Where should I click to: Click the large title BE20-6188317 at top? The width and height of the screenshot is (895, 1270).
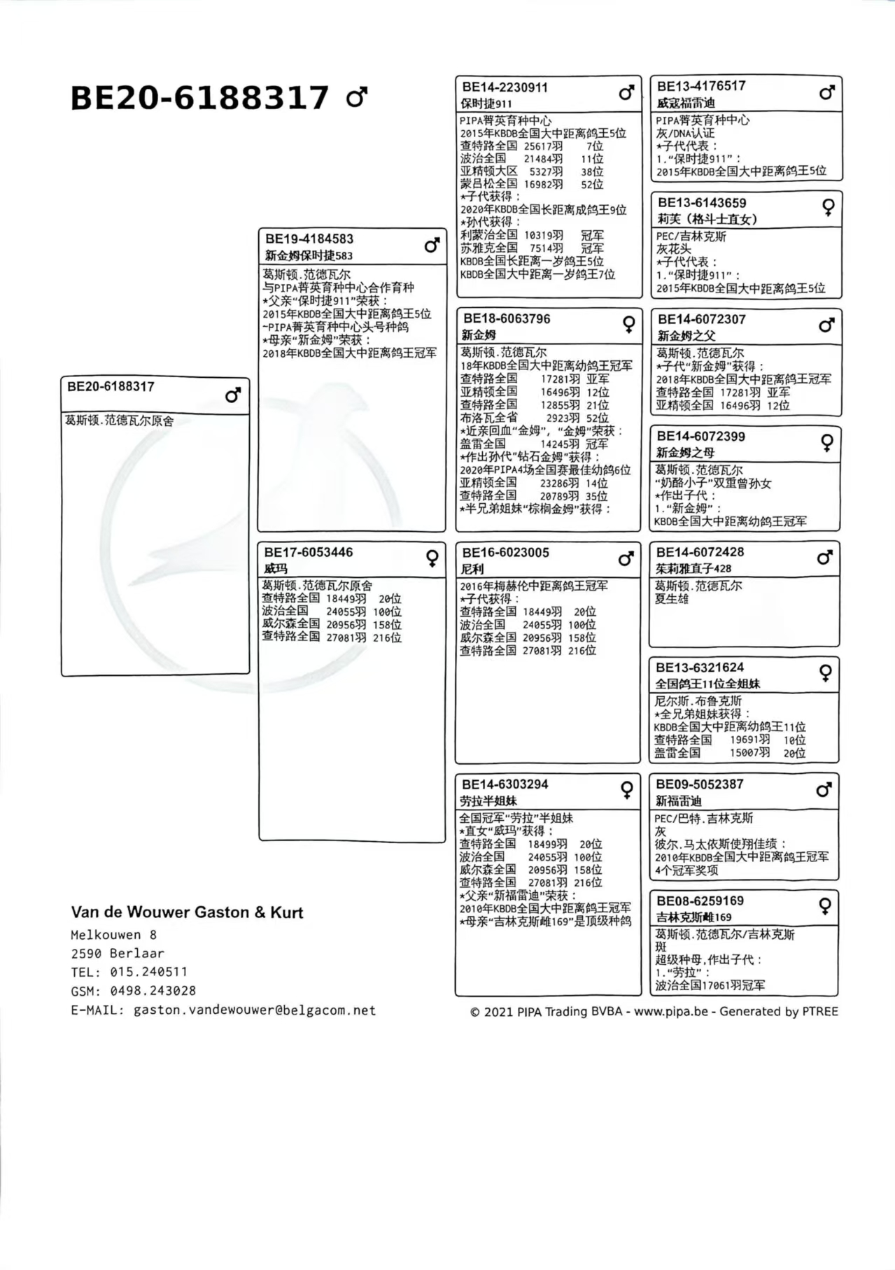pos(199,98)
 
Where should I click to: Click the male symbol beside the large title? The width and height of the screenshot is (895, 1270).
pos(357,97)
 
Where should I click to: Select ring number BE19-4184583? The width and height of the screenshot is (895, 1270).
pos(309,239)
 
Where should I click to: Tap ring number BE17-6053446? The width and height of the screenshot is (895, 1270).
pos(309,553)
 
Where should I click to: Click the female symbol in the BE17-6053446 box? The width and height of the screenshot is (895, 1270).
pos(432,558)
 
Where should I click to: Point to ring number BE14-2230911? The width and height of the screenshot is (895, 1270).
pos(505,87)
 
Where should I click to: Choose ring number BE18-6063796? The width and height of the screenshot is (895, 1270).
pos(507,319)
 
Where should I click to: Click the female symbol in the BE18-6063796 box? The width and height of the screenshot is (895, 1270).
pos(629,324)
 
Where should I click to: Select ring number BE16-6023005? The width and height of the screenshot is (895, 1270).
pos(505,553)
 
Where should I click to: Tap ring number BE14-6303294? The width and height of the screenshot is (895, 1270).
pos(505,784)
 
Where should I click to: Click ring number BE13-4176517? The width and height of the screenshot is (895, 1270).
pos(701,86)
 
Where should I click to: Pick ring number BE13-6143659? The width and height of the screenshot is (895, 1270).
pos(702,203)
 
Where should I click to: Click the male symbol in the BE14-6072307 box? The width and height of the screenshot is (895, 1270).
pos(826,325)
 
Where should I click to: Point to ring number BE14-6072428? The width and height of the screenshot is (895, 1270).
pos(700,552)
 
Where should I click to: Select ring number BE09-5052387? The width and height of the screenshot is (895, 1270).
pos(700,784)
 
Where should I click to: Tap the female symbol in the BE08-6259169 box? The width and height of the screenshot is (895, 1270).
pos(825,906)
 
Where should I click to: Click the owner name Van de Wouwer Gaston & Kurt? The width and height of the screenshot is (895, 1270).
pos(187,912)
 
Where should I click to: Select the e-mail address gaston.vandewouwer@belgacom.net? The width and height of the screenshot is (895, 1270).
pos(255,1010)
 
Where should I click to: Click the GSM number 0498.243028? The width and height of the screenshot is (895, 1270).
pos(153,991)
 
